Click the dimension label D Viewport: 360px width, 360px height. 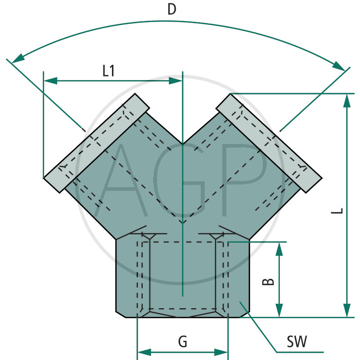point(171,9)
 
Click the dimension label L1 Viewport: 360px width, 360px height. point(108,71)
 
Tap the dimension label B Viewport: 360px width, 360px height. point(268,282)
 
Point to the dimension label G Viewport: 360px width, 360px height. point(182,342)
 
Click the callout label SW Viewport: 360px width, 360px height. point(297,342)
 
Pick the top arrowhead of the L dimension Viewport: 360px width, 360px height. point(346,101)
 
